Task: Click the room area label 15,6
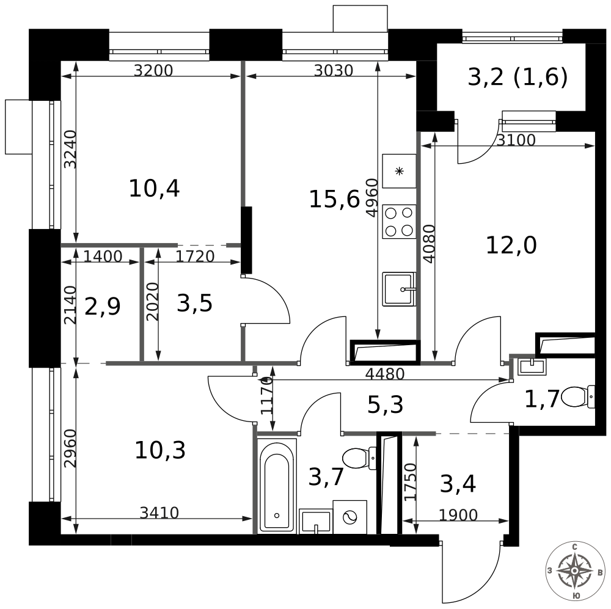(334, 199)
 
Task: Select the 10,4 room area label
(154, 189)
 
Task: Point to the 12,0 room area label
(511, 246)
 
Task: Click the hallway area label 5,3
(385, 404)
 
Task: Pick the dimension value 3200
(153, 70)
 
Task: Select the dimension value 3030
(334, 70)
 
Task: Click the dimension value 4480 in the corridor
(385, 373)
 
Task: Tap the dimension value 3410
(159, 513)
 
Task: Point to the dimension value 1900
(458, 516)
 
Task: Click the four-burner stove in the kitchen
(398, 221)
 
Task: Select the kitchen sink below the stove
(398, 289)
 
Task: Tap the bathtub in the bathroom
(277, 486)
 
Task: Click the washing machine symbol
(350, 517)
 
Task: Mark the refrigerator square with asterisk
(399, 171)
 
